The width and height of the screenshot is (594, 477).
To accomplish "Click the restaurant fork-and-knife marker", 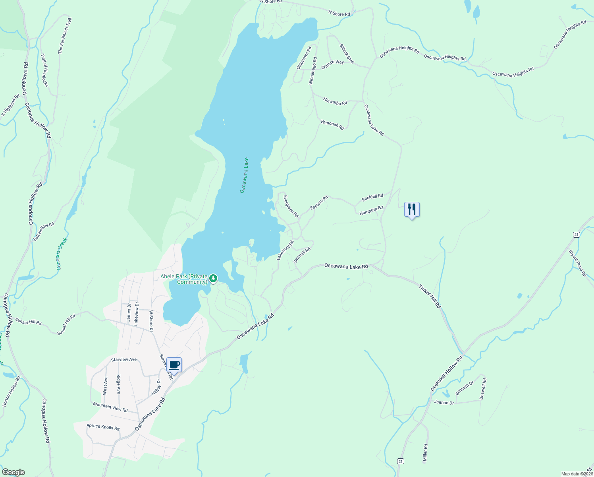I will click(412, 209).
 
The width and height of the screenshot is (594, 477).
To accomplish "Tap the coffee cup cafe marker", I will click(174, 365).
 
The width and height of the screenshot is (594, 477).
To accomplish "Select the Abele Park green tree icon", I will click(213, 278).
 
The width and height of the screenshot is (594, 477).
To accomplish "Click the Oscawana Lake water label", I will click(244, 175).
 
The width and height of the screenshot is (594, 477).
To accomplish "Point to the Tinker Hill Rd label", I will click(430, 296).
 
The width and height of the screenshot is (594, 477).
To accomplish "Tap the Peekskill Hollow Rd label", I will click(447, 374).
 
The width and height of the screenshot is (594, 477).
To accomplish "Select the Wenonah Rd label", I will click(332, 125).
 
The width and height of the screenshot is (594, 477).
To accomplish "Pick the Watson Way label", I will click(332, 64).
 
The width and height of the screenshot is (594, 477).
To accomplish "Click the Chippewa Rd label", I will click(304, 58).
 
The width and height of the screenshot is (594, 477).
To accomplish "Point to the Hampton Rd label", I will click(371, 210).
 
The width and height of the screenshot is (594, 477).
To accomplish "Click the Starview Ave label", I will click(124, 360).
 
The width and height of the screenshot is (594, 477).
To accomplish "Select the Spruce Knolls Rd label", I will click(103, 427).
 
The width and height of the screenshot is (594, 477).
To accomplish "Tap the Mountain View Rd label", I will click(110, 407).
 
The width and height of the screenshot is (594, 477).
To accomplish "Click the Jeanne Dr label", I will click(444, 402).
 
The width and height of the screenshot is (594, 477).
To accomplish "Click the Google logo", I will click(13, 472).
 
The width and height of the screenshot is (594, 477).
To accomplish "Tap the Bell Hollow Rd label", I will click(44, 231).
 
